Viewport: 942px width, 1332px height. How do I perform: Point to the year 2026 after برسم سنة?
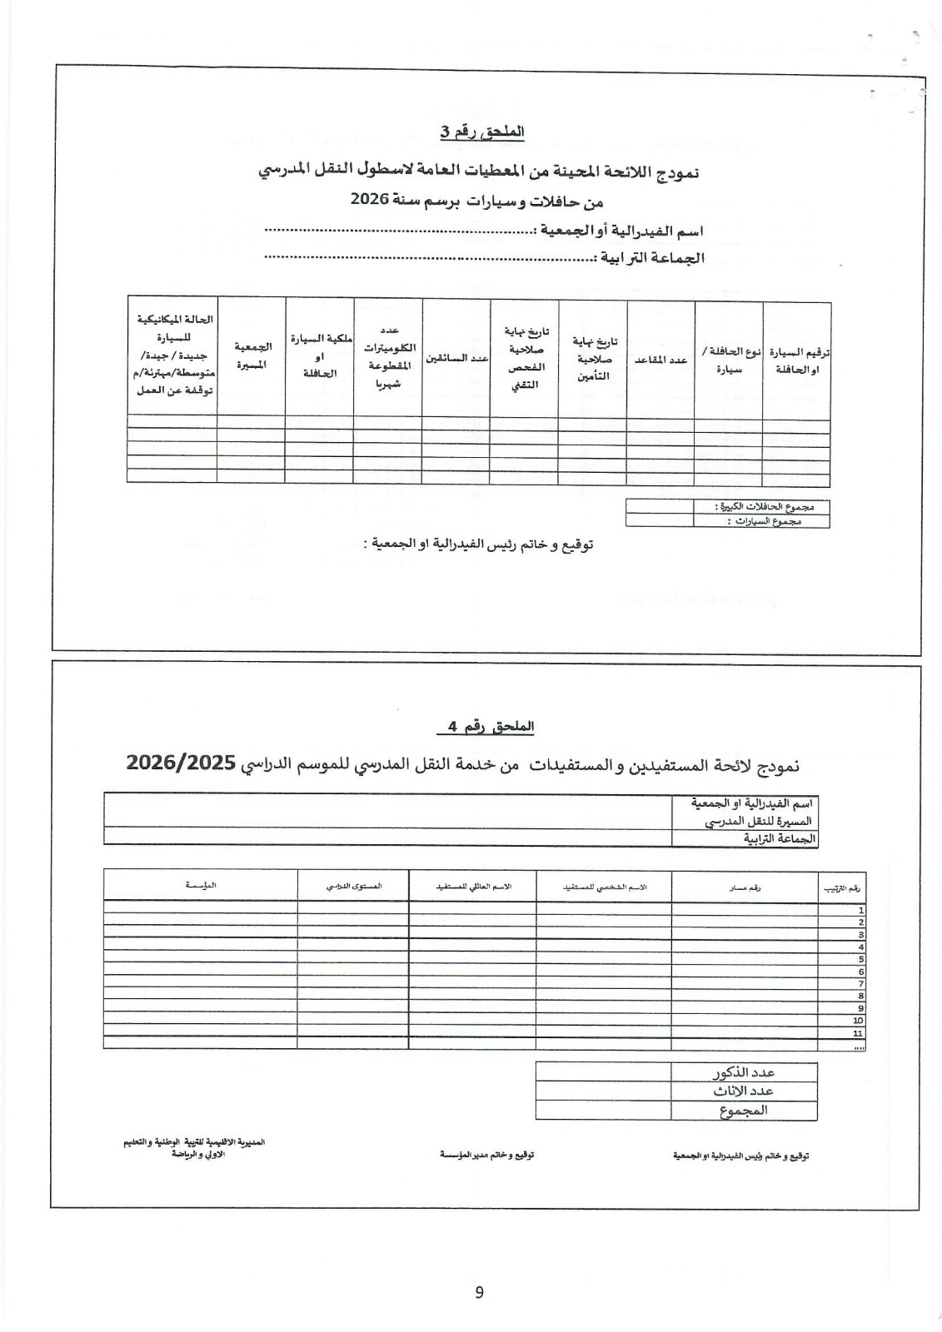tap(366, 200)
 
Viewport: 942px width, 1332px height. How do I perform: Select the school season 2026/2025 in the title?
tap(181, 763)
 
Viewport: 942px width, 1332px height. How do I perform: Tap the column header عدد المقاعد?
tap(660, 360)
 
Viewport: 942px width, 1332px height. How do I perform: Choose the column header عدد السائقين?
tap(456, 358)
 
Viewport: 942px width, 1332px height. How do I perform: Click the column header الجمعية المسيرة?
tap(251, 355)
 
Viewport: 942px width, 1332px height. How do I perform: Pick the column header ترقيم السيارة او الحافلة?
tap(796, 360)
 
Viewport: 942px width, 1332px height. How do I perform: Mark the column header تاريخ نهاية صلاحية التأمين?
tap(592, 359)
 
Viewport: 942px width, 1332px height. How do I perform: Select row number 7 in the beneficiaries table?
tap(860, 983)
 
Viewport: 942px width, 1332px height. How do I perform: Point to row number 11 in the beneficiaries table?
tap(858, 1032)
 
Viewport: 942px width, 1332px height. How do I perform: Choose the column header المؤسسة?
tap(201, 886)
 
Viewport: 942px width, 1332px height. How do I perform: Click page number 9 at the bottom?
tap(479, 1292)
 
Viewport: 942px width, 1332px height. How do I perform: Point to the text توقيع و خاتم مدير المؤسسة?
tap(487, 1156)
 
